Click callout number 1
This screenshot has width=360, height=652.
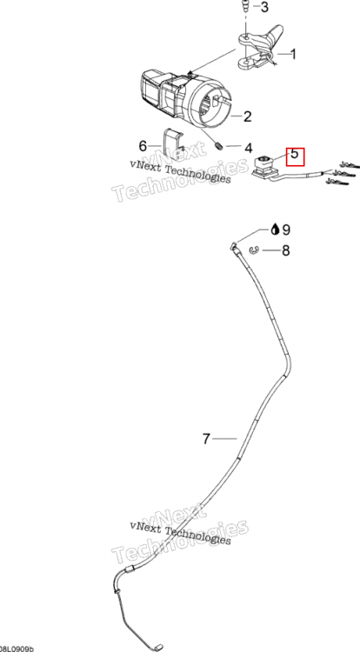pos(293,54)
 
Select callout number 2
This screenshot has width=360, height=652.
pos(248,116)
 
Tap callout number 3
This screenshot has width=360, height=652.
pos(264,7)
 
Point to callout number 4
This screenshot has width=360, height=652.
pos(248,148)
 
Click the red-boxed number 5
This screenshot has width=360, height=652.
pos(294,154)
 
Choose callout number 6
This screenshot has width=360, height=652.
pos(143,146)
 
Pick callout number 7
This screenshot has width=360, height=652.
pos(207,439)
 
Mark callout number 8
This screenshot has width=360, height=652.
pos(285,250)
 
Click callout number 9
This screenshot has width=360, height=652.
pos(285,230)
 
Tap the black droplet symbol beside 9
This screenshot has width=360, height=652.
pos(275,230)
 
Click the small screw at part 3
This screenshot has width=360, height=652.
pos(246,6)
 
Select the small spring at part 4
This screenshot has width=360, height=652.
pos(219,145)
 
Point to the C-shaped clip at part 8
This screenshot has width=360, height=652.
pos(254,249)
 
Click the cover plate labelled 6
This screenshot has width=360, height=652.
pos(172,143)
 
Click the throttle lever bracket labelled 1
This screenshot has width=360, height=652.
pos(260,47)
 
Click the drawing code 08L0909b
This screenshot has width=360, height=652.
pos(17,649)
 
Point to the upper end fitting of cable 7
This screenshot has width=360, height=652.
pos(235,247)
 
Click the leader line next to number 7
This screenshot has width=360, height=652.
pos(225,438)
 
